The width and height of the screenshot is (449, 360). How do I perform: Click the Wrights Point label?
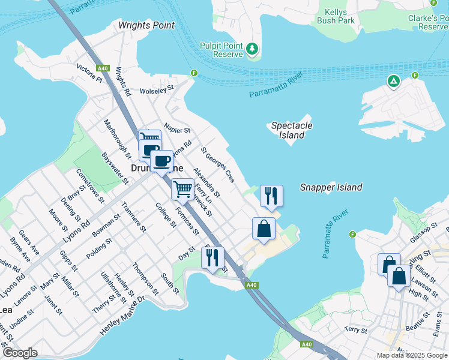click(146, 25)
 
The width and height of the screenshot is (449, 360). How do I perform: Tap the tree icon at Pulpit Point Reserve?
click(253, 48)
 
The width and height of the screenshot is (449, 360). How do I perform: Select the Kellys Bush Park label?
click(340, 16)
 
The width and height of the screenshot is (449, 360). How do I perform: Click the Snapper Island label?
click(331, 187)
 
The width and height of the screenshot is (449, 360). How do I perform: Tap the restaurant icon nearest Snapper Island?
click(271, 196)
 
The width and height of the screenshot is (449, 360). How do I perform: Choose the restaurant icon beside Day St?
click(212, 257)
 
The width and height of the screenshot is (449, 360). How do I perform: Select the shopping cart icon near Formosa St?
click(183, 189)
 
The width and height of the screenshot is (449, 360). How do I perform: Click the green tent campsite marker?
click(393, 81)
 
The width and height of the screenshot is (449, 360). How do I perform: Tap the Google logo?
click(20, 352)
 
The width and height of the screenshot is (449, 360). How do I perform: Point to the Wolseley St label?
click(156, 88)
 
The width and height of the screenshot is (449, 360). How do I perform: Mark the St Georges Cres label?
click(217, 164)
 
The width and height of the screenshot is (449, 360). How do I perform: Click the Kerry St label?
click(355, 330)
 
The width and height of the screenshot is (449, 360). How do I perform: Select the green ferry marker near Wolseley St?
click(194, 74)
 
